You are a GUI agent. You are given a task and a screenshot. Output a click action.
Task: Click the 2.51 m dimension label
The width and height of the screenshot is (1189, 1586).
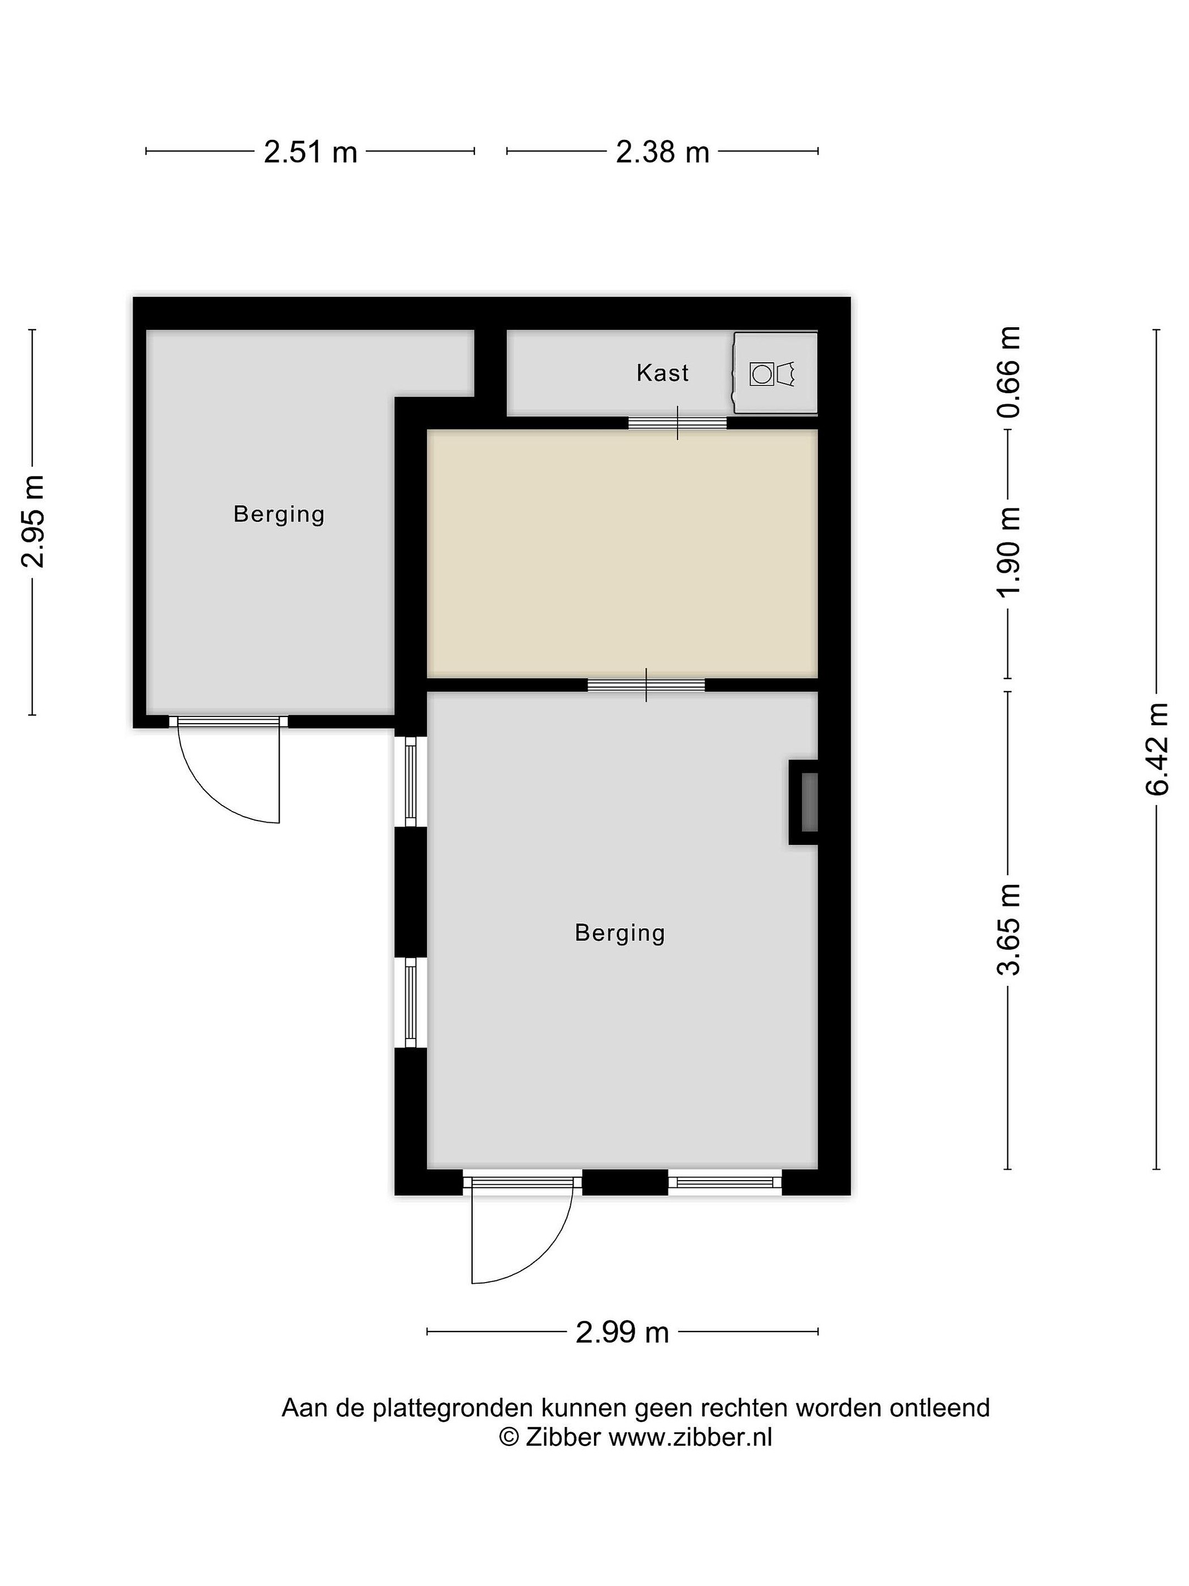310,152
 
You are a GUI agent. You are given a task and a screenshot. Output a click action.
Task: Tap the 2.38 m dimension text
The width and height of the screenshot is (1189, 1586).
662,152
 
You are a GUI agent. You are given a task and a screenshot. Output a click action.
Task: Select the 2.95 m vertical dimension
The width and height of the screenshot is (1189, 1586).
34,522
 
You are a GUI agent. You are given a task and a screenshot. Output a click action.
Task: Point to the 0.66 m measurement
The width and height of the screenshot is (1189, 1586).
1009,372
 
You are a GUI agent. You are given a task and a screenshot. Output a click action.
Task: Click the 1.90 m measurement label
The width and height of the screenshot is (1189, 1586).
1009,551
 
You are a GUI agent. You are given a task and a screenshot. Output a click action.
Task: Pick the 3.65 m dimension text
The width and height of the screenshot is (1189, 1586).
1009,929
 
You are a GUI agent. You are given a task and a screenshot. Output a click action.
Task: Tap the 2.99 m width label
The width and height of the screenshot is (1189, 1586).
622,1332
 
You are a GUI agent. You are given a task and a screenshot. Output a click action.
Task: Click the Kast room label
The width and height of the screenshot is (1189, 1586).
662,373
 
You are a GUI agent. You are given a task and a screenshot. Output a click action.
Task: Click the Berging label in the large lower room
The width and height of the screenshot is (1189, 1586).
620,933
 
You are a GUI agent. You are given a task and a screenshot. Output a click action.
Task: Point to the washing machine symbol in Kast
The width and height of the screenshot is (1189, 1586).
775,373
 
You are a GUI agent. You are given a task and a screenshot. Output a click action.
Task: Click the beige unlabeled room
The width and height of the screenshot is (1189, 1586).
622,553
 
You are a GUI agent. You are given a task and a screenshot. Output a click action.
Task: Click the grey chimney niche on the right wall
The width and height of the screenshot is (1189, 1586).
807,802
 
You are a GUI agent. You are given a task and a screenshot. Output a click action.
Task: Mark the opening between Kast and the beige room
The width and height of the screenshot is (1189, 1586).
677,422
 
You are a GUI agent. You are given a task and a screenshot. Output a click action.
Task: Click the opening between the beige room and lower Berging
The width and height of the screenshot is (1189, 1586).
646,685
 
